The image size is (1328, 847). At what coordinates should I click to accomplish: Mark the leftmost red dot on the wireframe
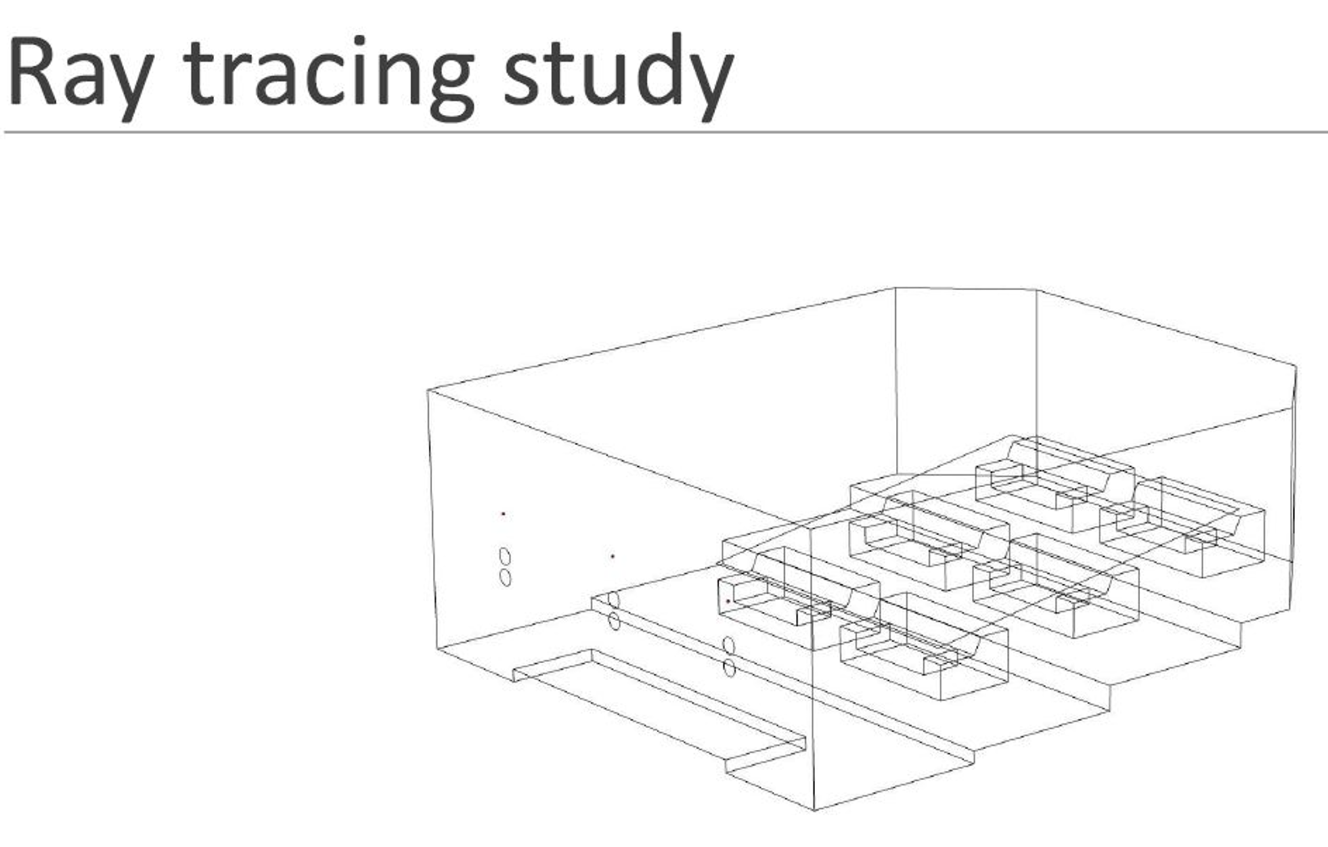(x=503, y=514)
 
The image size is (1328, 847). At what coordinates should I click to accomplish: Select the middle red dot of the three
(x=613, y=556)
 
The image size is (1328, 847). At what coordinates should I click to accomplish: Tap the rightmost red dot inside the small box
(x=728, y=601)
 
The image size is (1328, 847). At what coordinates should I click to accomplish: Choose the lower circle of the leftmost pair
(x=505, y=578)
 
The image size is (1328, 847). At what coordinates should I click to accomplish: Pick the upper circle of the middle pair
(x=613, y=599)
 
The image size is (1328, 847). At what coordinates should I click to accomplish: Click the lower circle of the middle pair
(x=614, y=621)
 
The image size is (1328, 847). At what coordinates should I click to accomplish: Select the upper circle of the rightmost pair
(x=728, y=645)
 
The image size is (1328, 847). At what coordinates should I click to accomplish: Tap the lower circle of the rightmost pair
(x=729, y=668)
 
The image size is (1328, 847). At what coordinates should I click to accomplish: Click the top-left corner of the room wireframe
(x=428, y=390)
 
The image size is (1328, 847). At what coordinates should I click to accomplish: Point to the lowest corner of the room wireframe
(x=814, y=810)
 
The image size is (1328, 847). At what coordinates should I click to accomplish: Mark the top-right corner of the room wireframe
(x=1296, y=366)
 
